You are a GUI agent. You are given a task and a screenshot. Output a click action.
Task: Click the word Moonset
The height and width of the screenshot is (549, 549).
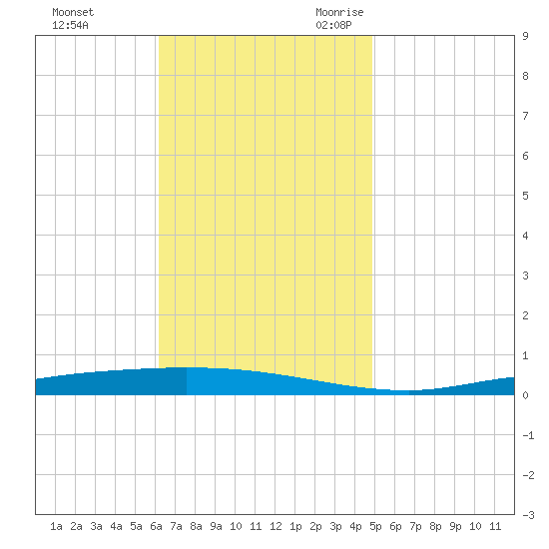pos(73,12)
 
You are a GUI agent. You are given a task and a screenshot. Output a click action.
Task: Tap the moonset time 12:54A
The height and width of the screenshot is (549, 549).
pos(70,25)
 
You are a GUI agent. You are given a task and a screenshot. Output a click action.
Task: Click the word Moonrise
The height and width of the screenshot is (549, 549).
pos(339,12)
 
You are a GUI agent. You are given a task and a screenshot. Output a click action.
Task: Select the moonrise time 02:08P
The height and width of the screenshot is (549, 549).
pos(333,25)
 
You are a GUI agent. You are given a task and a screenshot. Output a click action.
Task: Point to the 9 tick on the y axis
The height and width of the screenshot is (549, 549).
pos(525,36)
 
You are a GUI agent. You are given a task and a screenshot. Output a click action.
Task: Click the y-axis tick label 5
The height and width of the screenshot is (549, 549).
pos(525,196)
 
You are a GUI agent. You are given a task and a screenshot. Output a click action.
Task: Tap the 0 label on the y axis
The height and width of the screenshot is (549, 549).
pos(525,395)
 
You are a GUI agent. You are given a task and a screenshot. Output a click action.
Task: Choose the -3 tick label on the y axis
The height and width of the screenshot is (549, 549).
pos(528,515)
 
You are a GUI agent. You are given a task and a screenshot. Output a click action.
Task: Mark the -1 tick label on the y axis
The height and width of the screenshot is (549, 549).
pos(528,435)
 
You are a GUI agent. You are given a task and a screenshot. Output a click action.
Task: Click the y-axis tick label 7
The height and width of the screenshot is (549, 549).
pos(525,116)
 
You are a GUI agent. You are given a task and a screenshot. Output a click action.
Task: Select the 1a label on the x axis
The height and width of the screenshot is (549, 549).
pos(56,526)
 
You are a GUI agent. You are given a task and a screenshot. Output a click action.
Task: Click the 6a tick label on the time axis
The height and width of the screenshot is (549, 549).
pos(156,526)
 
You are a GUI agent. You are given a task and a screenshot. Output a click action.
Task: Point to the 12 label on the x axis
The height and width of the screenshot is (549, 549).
pos(275,526)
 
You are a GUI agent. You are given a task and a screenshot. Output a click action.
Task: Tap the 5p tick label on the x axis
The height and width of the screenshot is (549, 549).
pos(375,526)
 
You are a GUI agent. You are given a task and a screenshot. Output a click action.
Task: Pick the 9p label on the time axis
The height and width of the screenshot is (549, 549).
pos(455,526)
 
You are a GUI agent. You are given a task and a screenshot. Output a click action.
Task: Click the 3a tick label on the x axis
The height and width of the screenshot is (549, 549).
pos(96,526)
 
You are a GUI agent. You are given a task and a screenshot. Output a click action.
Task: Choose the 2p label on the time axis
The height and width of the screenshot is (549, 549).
pos(315,526)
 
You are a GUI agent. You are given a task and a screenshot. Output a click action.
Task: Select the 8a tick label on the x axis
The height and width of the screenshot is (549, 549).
pos(196,526)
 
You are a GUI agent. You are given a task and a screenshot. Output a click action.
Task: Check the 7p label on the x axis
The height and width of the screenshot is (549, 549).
pos(415,526)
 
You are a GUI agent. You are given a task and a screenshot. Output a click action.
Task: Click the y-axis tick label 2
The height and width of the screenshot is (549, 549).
pos(525,315)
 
